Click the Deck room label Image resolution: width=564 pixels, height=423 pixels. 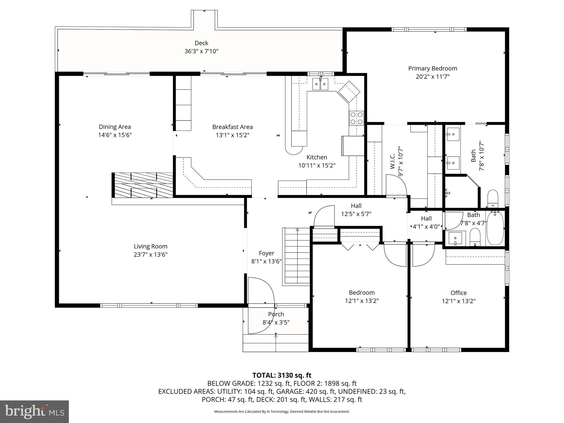201,43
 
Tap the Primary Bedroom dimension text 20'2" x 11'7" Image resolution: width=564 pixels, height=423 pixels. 432,77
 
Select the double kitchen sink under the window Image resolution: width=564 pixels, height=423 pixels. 320,84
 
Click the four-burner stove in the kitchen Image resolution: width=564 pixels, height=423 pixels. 356,118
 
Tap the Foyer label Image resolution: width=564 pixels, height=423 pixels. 266,253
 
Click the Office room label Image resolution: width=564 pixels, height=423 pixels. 459,293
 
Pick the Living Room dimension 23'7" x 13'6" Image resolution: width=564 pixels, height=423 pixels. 151,254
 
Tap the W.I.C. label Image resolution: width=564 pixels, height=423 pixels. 393,161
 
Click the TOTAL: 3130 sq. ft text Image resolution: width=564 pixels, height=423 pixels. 282,375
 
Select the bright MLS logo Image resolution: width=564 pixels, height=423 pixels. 34,412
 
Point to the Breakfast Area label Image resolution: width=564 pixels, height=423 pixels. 232,127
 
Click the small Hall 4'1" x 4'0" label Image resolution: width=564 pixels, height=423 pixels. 426,223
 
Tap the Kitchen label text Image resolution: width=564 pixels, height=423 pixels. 317,157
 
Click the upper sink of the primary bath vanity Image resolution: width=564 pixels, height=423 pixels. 453,134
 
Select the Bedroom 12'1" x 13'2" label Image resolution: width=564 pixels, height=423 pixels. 362,297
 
